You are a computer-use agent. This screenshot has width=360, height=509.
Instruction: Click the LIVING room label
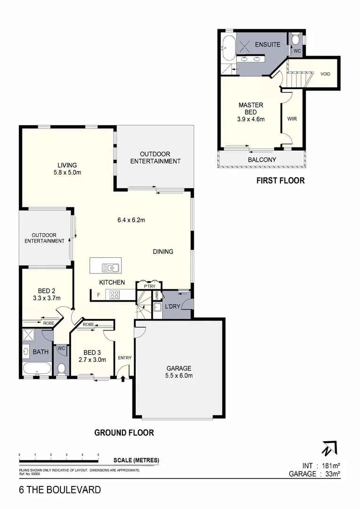tap(67, 165)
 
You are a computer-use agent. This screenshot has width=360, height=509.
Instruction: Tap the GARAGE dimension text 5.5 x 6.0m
tap(178, 376)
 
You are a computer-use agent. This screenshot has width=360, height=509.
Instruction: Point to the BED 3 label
tap(92, 352)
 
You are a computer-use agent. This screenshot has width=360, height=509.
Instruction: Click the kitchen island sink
tap(111, 268)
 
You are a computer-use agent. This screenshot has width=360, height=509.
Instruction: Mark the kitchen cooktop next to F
tap(115, 295)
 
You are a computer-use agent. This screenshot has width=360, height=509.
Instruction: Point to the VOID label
tap(326, 74)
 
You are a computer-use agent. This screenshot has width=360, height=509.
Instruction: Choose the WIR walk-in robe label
tap(292, 119)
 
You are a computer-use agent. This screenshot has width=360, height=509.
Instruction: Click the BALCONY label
tap(262, 160)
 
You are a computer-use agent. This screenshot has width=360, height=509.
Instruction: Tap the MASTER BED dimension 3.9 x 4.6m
tap(251, 119)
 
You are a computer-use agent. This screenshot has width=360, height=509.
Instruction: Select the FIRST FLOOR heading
tap(280, 180)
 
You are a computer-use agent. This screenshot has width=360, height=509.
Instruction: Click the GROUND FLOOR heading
tap(124, 432)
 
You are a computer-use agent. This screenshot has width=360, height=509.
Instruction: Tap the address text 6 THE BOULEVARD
tap(60, 490)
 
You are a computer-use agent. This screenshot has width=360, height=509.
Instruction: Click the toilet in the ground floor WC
tap(61, 368)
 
